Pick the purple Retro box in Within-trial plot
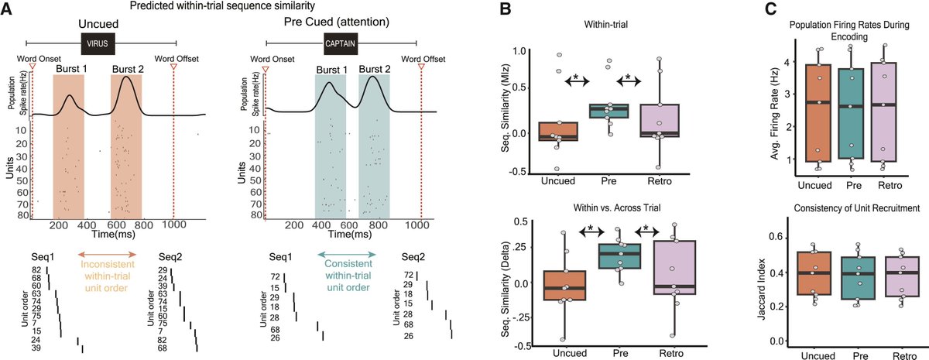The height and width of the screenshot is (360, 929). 659,120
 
